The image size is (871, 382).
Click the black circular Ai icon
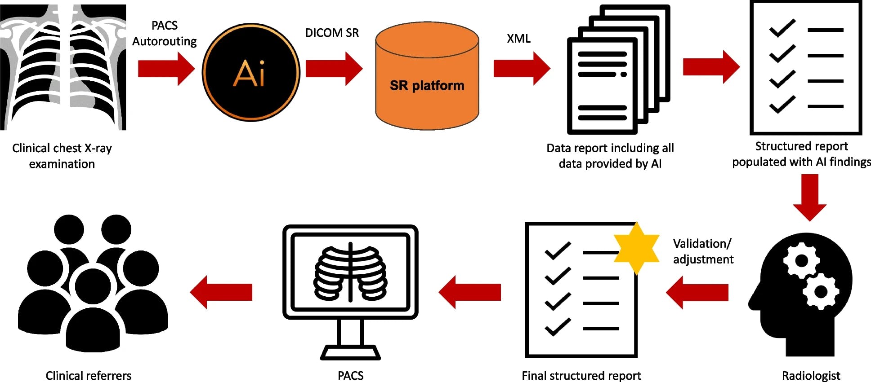click(x=250, y=72)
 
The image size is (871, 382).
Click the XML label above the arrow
click(x=518, y=39)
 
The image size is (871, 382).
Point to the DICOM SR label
click(x=332, y=33)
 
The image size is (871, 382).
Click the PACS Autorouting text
click(x=165, y=33)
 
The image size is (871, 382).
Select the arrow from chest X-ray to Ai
click(x=165, y=68)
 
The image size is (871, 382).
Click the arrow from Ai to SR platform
click(x=333, y=68)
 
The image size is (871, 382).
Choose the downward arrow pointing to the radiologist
click(x=809, y=198)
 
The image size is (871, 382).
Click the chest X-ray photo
click(x=63, y=67)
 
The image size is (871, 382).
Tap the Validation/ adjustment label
click(x=703, y=251)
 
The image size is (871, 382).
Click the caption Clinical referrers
click(x=89, y=375)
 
